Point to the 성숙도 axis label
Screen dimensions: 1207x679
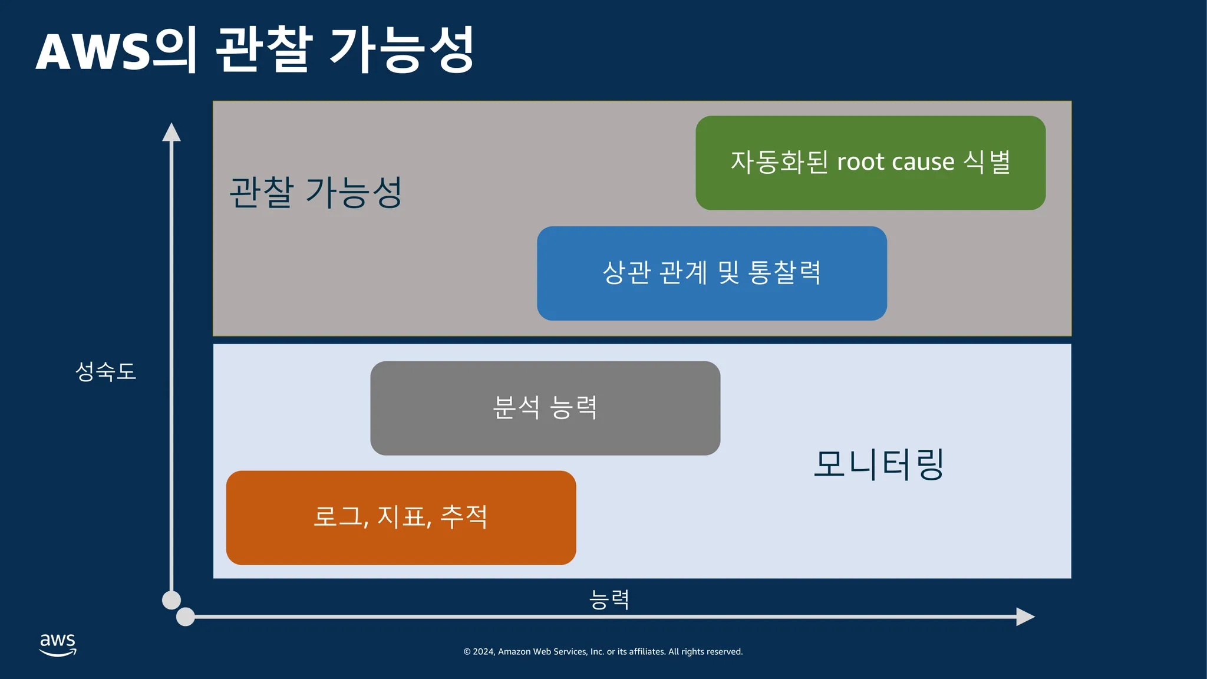click(106, 371)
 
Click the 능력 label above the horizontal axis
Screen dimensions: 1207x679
click(609, 599)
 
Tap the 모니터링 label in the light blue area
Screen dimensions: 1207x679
click(879, 464)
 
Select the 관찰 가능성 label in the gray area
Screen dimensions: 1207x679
click(315, 192)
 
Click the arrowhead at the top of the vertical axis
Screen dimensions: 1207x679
click(172, 132)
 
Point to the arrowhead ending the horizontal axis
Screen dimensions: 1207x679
click(1025, 617)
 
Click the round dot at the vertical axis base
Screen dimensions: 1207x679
click(172, 600)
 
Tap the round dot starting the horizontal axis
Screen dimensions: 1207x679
click(186, 617)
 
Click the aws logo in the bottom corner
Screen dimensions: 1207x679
click(58, 644)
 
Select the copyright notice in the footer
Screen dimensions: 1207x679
click(603, 651)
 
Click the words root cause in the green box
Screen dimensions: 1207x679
click(895, 161)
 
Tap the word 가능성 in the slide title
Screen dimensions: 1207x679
click(401, 50)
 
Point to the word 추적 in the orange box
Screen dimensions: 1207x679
click(464, 517)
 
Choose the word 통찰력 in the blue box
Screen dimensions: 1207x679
click(784, 272)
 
